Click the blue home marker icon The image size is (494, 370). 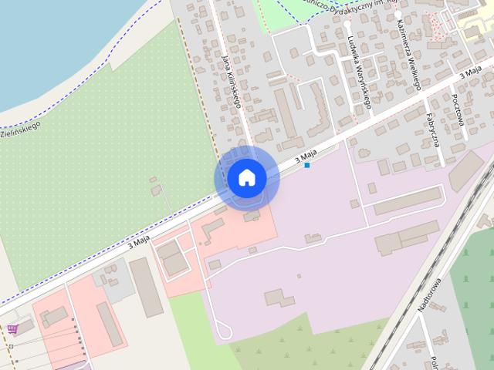pos(247,177)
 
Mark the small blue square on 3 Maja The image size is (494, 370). pos(307,165)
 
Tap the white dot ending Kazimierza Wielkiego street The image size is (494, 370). pos(398,14)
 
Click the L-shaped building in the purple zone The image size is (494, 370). pos(278,298)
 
